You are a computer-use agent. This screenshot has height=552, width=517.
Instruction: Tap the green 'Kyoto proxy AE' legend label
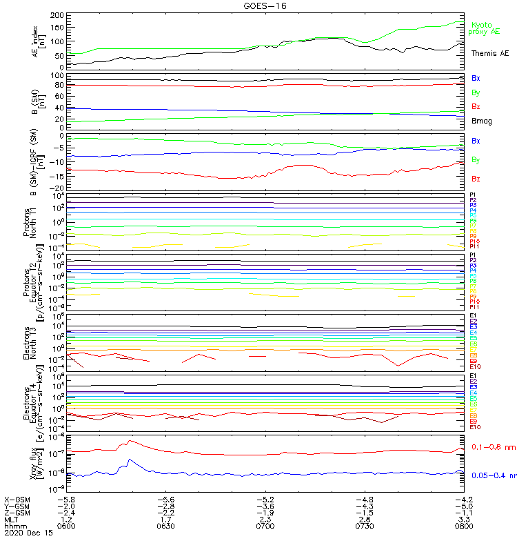click(x=484, y=28)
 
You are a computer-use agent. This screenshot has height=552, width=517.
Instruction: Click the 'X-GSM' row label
click(x=17, y=499)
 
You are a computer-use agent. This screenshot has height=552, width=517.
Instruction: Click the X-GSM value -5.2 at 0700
click(x=265, y=499)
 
